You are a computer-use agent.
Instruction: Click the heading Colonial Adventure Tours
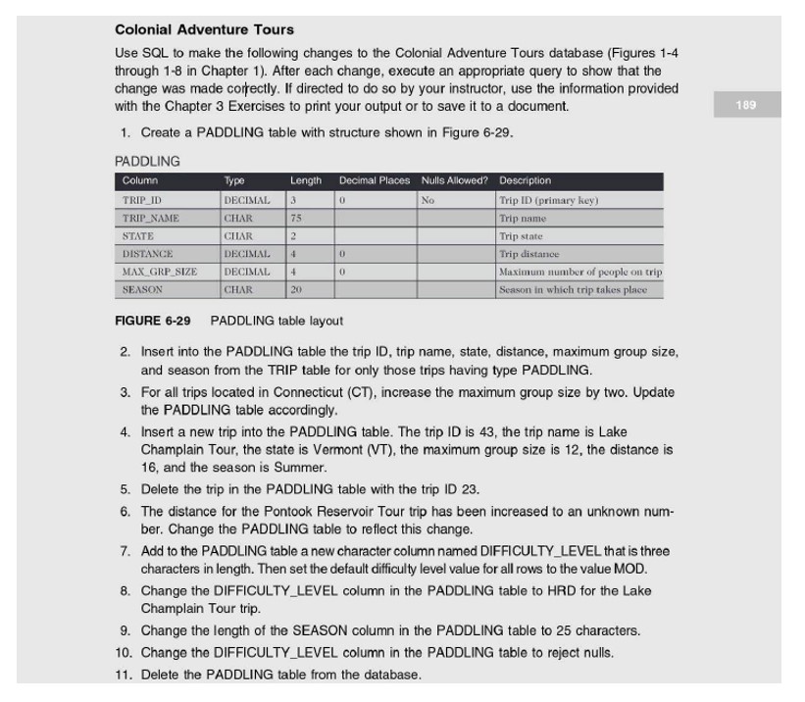click(204, 30)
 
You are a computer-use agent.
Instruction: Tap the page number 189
click(745, 105)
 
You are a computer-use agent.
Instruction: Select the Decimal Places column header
click(374, 180)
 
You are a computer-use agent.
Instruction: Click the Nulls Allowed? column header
click(454, 180)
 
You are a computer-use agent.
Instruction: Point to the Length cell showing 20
click(297, 290)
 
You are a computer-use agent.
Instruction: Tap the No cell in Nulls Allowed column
click(428, 200)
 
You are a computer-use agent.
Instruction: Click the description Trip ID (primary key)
click(548, 200)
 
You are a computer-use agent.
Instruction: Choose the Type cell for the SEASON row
click(238, 290)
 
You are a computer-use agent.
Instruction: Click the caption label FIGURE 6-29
click(153, 321)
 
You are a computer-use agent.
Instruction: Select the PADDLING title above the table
click(147, 161)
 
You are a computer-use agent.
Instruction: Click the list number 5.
click(126, 489)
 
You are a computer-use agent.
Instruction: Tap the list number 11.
click(123, 675)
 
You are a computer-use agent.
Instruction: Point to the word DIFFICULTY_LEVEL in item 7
click(480, 551)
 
